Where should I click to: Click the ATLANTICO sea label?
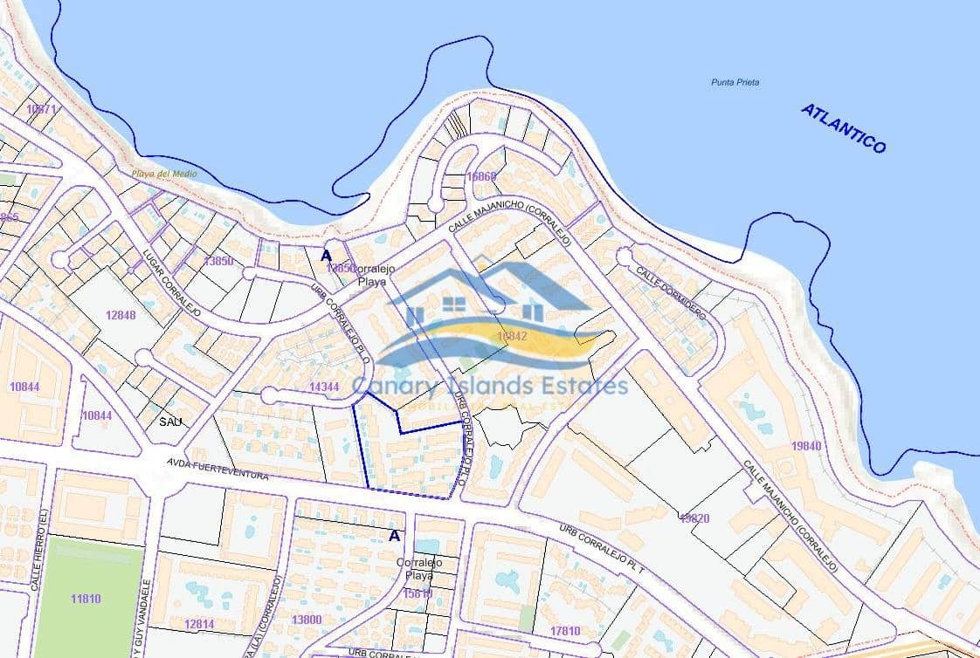point(843,128)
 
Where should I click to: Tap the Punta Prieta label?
point(735,82)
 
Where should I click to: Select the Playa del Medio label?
point(164,174)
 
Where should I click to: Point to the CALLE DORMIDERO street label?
point(670,293)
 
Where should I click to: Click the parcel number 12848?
point(120,315)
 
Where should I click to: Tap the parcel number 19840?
point(805,445)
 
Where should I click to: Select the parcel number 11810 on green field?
point(86,599)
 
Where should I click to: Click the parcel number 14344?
point(324,387)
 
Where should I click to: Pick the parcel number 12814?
point(199,623)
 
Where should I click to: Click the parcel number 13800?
point(306,620)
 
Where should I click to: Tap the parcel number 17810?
point(565,630)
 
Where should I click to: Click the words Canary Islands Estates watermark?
point(489,386)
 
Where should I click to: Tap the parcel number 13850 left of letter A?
point(217,261)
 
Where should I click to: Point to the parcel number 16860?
point(481,176)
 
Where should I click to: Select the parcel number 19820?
point(694,517)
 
